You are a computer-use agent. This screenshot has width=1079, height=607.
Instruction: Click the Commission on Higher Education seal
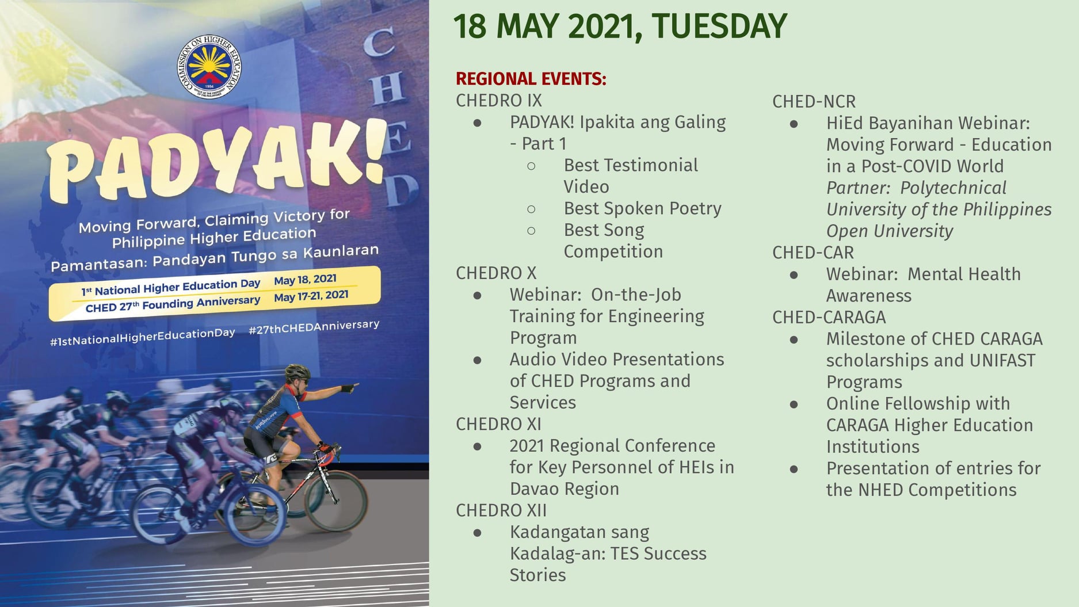[x=209, y=67]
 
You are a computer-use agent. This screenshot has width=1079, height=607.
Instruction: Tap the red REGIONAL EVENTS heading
[x=531, y=79]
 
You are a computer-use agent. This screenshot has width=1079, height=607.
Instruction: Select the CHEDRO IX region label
[x=499, y=101]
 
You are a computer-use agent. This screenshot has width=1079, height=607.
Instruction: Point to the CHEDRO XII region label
[x=501, y=510]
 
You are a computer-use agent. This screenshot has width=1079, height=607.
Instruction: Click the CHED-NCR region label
[x=814, y=102]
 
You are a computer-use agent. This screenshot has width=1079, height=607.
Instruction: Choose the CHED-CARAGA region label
[x=829, y=318]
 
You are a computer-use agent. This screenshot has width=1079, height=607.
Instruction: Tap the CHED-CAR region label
[x=813, y=253]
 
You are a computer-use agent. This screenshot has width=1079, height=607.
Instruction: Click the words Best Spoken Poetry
[x=642, y=208]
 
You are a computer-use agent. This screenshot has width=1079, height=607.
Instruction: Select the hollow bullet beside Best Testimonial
[x=531, y=166]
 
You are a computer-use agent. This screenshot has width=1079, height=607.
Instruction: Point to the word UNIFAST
[x=1002, y=361]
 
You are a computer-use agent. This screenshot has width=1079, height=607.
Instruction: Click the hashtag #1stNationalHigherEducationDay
[x=143, y=337]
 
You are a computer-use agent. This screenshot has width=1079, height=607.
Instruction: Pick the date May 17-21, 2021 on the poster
[x=311, y=296]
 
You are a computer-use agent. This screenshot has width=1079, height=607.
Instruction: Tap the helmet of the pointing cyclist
[x=298, y=372]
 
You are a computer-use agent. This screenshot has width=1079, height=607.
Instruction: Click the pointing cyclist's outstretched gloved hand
[x=348, y=388]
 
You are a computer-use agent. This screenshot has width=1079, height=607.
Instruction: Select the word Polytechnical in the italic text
[x=953, y=188]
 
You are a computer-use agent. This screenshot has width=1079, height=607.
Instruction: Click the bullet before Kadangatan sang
[x=477, y=533]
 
